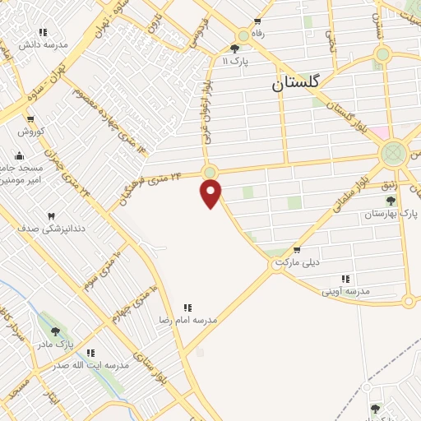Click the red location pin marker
point(211,193)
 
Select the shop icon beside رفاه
point(257,22)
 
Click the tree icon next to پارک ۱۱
point(235,49)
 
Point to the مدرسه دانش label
point(49,44)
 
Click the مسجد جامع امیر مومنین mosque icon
point(19,155)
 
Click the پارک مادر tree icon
point(56,331)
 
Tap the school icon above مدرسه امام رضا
point(187,308)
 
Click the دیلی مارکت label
point(296,261)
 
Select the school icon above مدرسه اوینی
point(345,280)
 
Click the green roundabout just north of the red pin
point(210,172)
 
